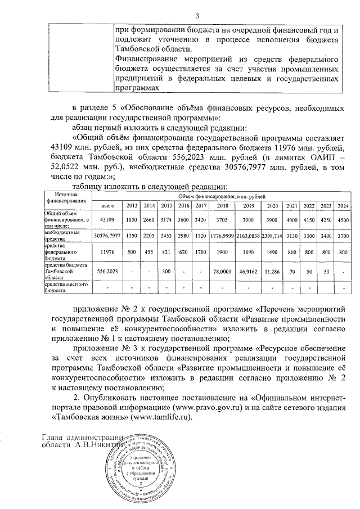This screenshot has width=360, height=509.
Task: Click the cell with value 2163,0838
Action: pyautogui.click(x=248, y=235)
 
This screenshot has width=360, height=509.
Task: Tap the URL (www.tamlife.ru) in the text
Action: pyautogui.click(x=160, y=418)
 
